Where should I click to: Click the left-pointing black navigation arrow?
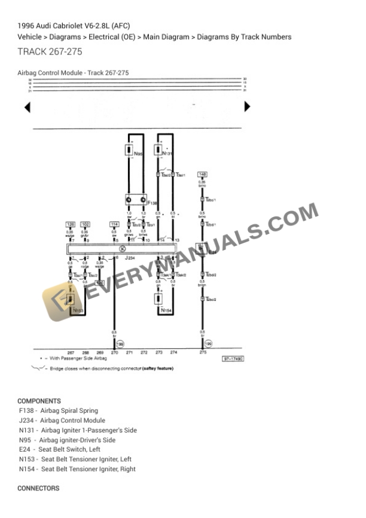[27, 107]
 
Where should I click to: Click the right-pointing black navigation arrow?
[247, 107]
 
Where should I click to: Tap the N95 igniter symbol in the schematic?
[129, 150]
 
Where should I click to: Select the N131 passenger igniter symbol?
[160, 150]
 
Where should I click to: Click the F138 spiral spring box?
[136, 200]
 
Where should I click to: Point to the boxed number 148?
[203, 173]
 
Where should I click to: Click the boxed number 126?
[71, 224]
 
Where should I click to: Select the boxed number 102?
[86, 224]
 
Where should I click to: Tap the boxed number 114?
[114, 224]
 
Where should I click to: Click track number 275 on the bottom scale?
[203, 353]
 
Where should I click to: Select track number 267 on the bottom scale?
[71, 353]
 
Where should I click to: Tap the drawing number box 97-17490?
[233, 359]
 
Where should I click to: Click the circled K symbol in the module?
[123, 248]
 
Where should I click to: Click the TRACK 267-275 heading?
[50, 52]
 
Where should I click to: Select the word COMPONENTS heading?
[39, 401]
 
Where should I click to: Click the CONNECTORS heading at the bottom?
[38, 488]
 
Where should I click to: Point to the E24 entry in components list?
[60, 449]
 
